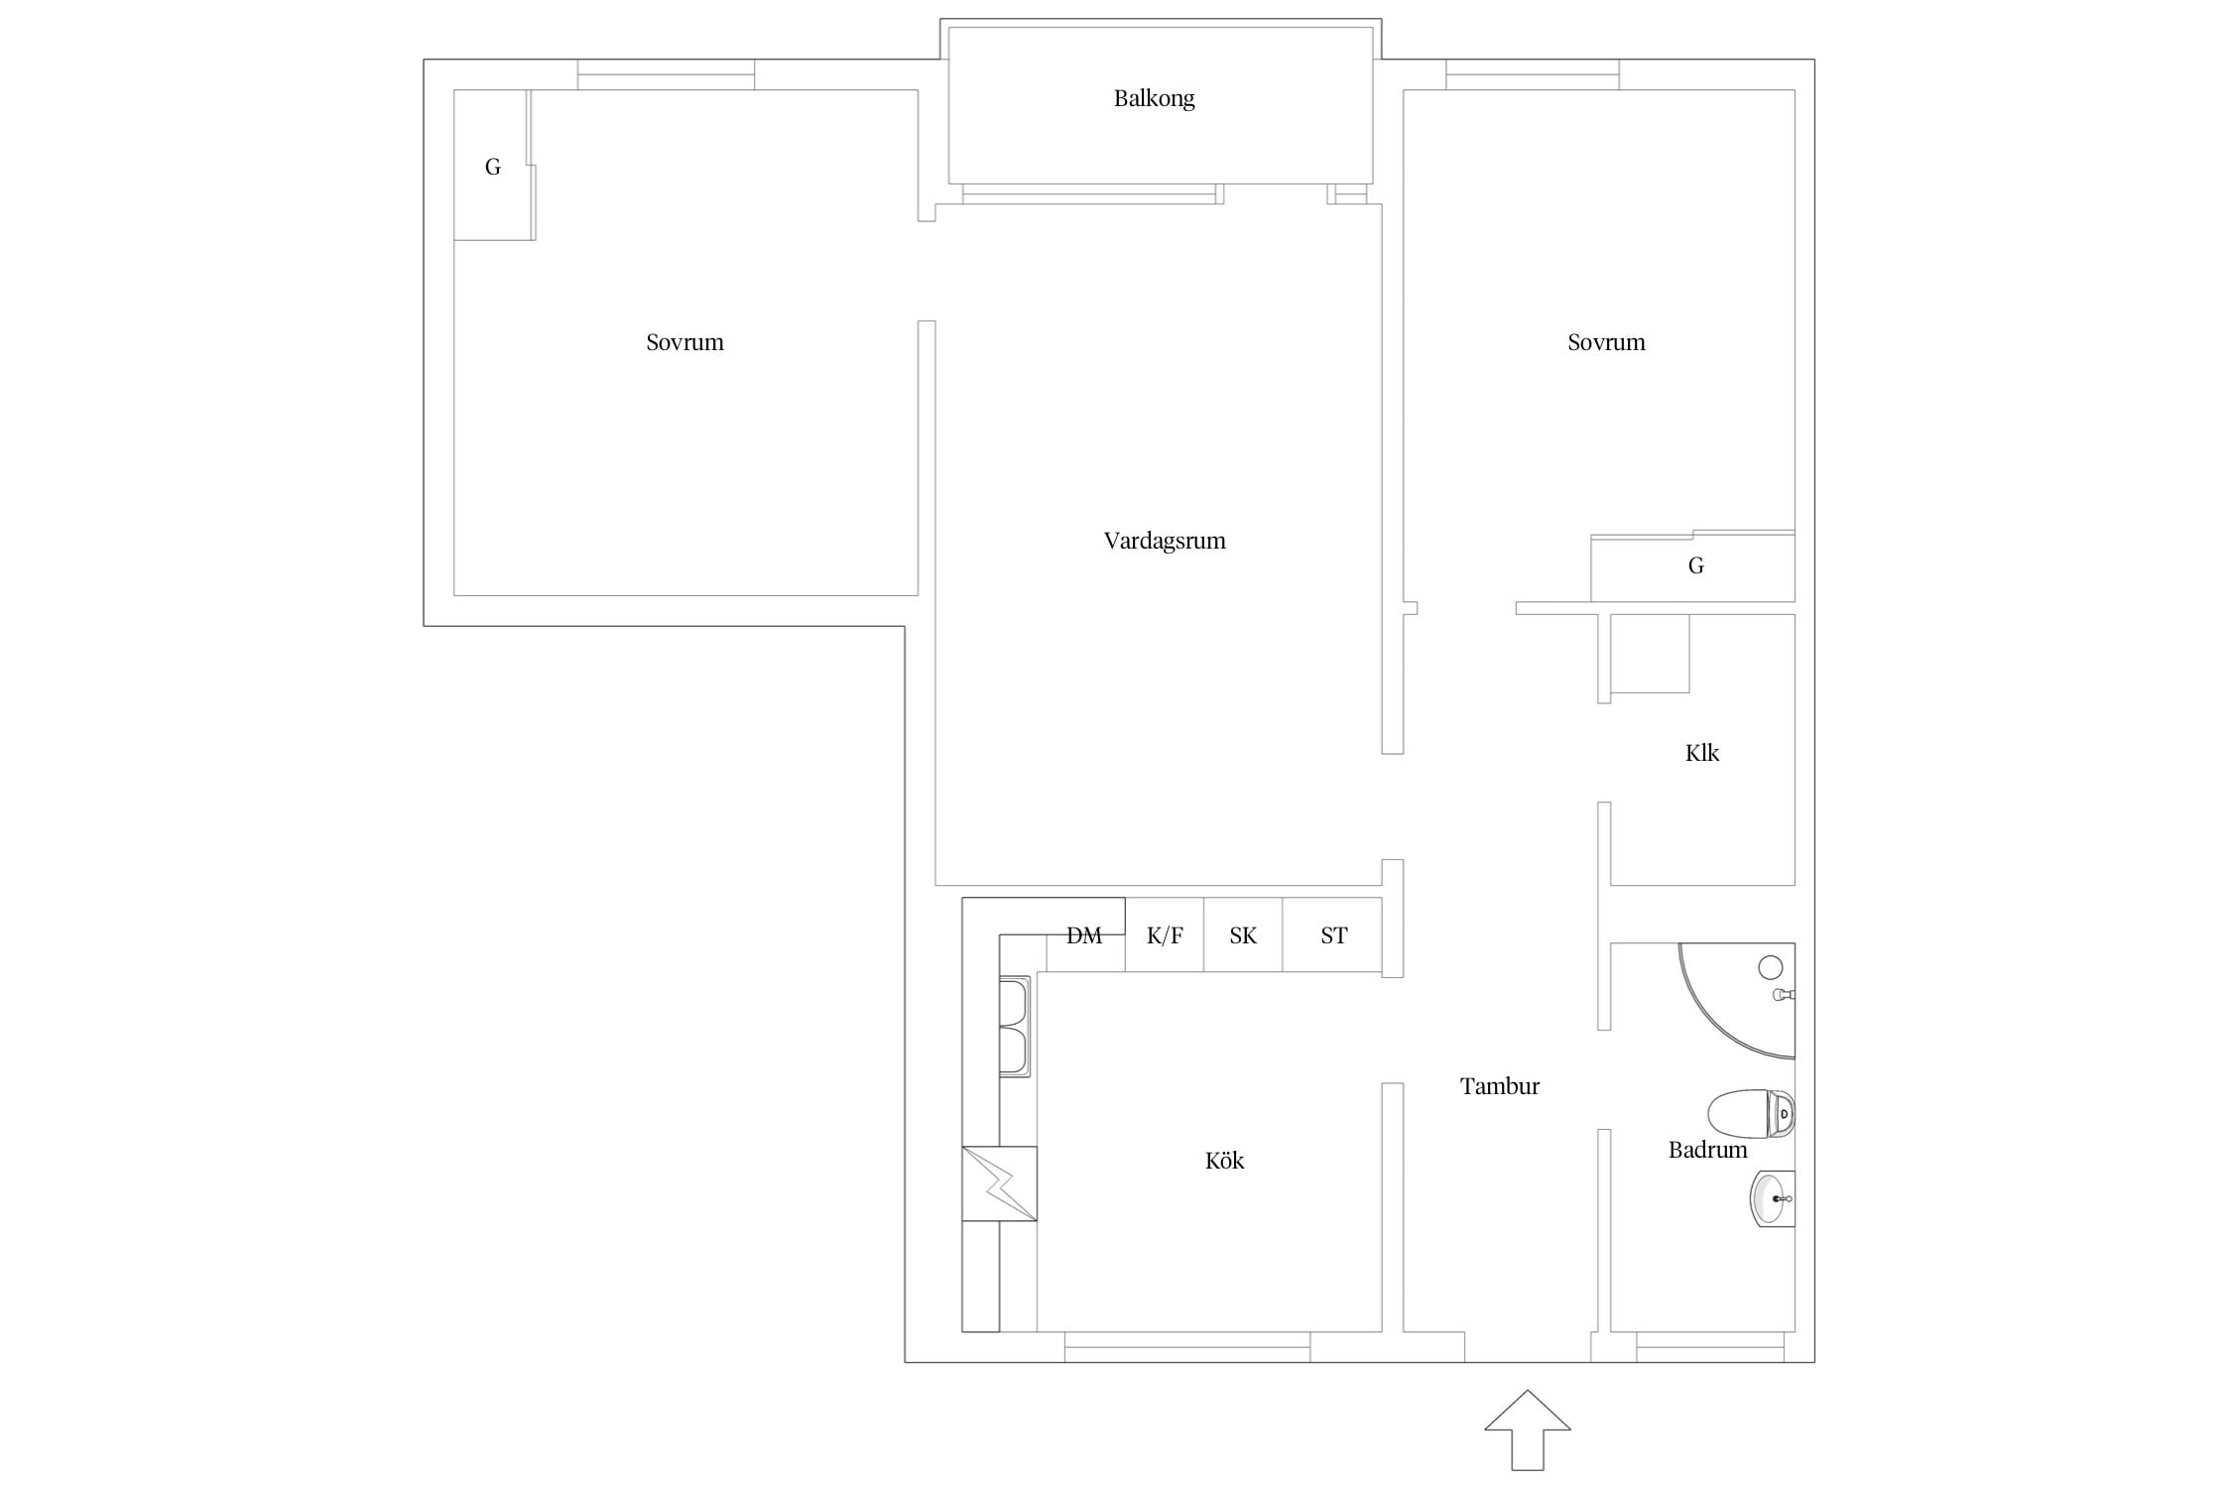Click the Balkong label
[x=1154, y=99]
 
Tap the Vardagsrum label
[x=1165, y=541]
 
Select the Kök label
[x=1224, y=1160]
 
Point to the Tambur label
[x=1500, y=1086]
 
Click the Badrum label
[x=1707, y=1150]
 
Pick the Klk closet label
[x=1702, y=753]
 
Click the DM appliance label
[x=1084, y=935]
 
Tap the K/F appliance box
[x=1165, y=934]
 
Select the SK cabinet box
[x=1243, y=934]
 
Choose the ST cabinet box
[x=1332, y=934]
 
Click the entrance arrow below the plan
[x=1528, y=1429]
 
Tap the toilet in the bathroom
[x=1751, y=1114]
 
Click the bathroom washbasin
[x=1772, y=1198]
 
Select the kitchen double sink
[x=1014, y=1027]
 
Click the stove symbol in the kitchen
[x=999, y=1183]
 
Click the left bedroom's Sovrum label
[x=684, y=342]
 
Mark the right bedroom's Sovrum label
[x=1606, y=342]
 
